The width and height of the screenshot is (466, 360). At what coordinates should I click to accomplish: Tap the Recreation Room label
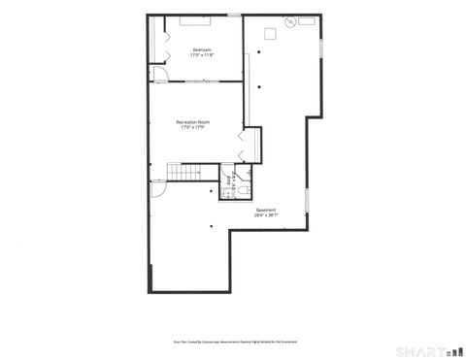[x=194, y=121]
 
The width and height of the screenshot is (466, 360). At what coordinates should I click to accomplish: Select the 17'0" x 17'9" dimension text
[x=194, y=128]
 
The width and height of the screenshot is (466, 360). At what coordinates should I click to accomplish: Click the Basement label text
[x=265, y=210]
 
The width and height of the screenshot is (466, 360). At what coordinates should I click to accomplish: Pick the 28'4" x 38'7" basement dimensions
[x=265, y=215]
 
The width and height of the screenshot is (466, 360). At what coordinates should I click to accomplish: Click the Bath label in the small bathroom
[x=230, y=179]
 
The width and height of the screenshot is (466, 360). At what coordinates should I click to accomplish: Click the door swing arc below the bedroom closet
[x=158, y=74]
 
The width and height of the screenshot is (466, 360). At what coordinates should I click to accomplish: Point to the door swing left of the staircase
[x=156, y=190]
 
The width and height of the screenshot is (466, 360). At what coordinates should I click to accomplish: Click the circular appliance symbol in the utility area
[x=288, y=22]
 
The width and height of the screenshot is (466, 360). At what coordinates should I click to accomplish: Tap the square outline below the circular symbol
[x=270, y=35]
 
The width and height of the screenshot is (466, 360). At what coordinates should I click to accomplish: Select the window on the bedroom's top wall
[x=234, y=16]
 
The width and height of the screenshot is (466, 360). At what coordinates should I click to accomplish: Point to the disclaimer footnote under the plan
[x=232, y=341]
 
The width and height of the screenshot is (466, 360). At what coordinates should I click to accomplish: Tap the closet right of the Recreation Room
[x=251, y=146]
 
